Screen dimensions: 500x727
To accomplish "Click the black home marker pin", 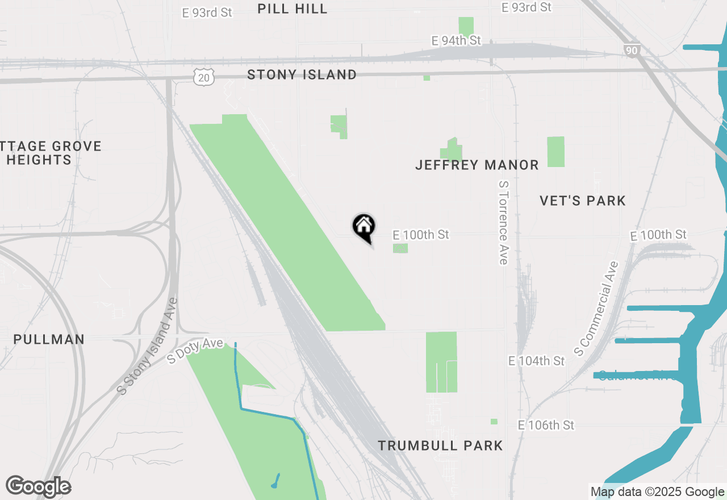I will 364,227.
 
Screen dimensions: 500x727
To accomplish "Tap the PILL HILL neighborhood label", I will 293,9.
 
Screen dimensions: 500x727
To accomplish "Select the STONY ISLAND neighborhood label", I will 302,74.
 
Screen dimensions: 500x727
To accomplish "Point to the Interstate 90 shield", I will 632,51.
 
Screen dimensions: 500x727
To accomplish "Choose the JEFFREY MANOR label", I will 477,165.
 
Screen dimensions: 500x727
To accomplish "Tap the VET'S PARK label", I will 583,201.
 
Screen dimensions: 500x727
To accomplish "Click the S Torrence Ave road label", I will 503,223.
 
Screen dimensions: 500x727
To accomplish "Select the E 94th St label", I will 456,41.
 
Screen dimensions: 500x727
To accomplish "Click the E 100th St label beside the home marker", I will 421,235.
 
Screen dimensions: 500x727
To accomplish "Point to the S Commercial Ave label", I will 596,309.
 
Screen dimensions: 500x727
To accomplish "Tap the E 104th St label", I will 537,361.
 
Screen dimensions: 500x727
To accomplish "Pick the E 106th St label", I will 546,425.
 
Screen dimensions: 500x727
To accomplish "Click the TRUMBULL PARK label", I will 441,445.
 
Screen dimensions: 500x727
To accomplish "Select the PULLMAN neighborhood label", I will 49,340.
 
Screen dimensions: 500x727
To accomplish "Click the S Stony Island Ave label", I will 147,347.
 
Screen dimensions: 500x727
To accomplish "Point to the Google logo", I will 38,487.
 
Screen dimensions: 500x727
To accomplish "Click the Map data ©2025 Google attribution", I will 657,492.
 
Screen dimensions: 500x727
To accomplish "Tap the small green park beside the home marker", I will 400,248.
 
